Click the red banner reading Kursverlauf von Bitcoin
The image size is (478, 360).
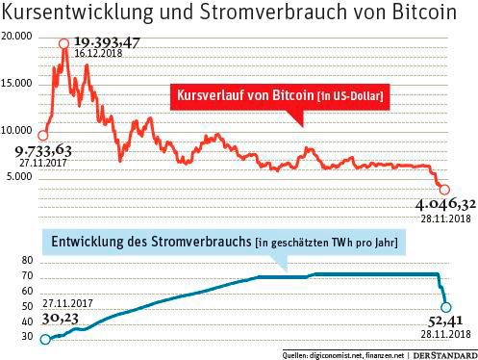(x=278, y=96)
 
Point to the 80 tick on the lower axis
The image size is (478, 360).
(x=27, y=261)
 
